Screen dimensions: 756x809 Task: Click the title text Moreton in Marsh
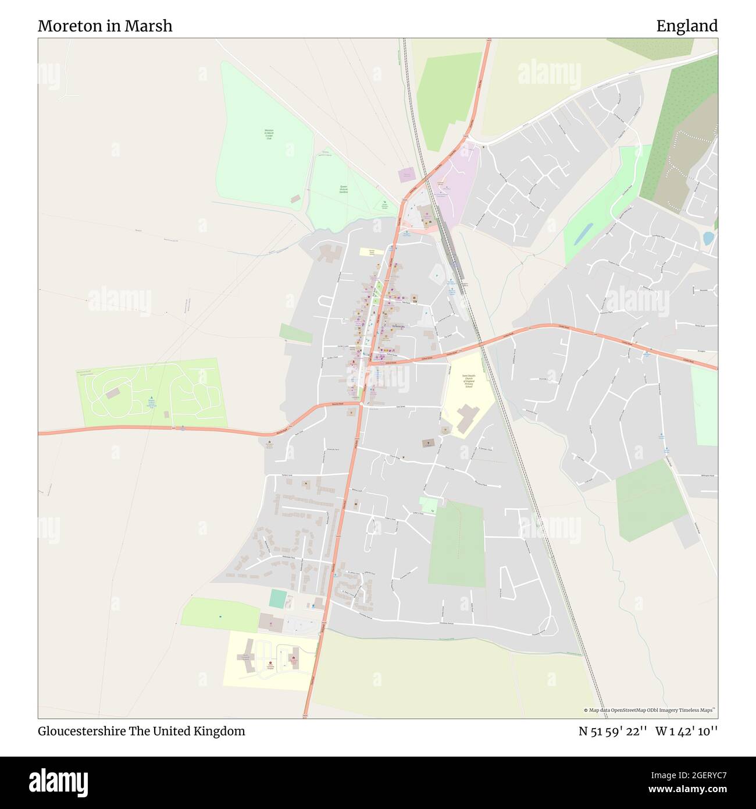(105, 26)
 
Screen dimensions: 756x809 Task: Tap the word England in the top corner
(687, 26)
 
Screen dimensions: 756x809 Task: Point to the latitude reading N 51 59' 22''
(613, 731)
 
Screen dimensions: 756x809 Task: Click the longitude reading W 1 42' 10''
(686, 731)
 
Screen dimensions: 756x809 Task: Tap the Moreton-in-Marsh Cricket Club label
(269, 134)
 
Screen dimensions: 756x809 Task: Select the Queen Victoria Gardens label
(344, 189)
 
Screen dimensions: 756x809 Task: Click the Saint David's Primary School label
(469, 381)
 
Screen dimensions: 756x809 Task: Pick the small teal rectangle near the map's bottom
(278, 599)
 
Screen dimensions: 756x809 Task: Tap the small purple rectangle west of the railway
(406, 175)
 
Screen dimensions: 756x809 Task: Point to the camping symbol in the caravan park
(151, 396)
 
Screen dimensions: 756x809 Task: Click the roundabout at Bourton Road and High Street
(361, 403)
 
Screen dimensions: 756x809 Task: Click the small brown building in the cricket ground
(295, 199)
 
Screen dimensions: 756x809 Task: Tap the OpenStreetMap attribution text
(650, 710)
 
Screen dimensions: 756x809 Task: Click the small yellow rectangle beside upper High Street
(368, 252)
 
